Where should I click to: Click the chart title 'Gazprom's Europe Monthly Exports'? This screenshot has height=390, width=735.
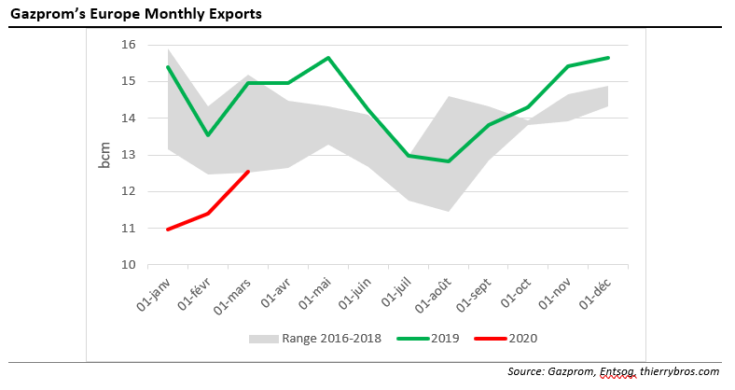[x=136, y=14]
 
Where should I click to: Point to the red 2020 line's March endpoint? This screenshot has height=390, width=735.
[x=248, y=171]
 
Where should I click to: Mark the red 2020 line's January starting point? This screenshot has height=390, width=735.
[x=167, y=230]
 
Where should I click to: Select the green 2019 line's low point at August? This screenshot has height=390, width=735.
[x=450, y=161]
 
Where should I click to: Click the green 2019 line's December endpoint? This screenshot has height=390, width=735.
[x=609, y=58]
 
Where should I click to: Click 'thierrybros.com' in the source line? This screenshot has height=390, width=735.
[x=682, y=371]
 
